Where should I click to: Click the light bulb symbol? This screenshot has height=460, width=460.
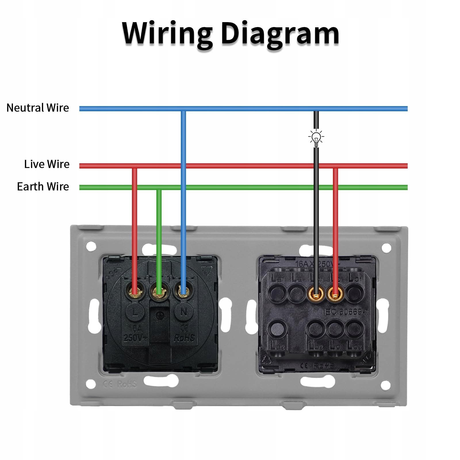point(316,137)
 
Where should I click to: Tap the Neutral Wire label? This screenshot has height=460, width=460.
point(38,108)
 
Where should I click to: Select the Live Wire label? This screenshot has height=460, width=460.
point(47,164)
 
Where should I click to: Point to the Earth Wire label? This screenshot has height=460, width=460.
point(43,187)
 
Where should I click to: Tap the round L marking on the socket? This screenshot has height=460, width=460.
point(135,312)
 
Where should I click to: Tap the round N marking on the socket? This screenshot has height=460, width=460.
point(183,312)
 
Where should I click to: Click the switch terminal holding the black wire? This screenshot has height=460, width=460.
point(316,294)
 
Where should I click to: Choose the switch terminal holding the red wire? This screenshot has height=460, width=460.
point(335,294)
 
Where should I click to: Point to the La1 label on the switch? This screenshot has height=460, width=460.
point(277,278)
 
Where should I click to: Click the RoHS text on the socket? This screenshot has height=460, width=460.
point(184,338)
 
